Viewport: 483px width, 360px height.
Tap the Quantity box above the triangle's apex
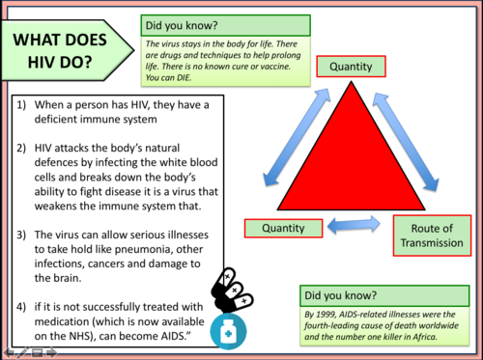[350, 67]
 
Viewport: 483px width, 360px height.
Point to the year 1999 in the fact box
[329, 314]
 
